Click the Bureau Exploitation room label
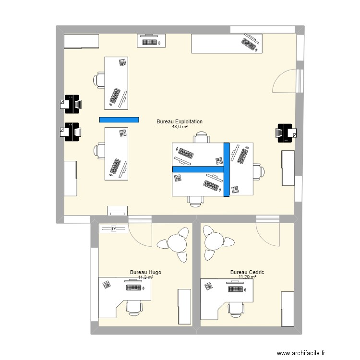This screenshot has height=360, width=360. coord(180,122)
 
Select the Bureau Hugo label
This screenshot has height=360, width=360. coord(145,272)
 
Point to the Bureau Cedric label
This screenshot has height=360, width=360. coord(247,272)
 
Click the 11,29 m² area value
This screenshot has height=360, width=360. coord(247,277)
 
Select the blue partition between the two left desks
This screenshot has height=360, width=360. coord(119,120)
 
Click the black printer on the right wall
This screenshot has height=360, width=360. coord(286,133)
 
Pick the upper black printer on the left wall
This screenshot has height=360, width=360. coord(71,103)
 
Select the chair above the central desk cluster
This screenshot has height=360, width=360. coord(201,138)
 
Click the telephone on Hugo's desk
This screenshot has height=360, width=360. coord(106,285)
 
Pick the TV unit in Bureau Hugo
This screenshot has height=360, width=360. coord(113,229)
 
